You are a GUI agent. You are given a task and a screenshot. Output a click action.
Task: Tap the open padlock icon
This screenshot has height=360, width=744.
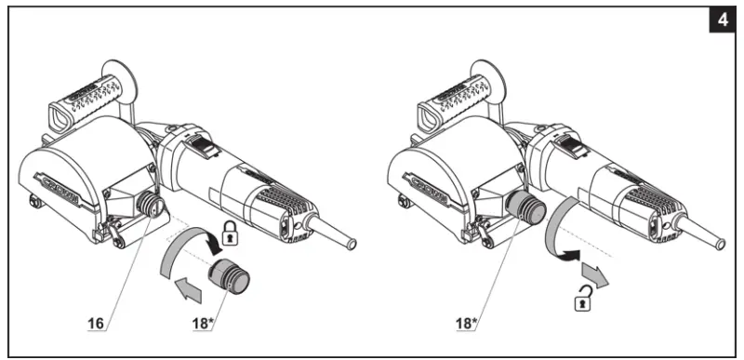583,298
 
